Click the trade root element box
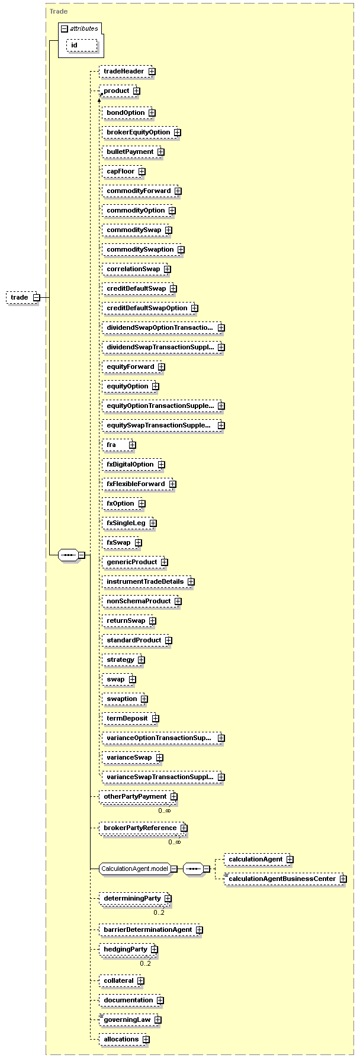click(23, 297)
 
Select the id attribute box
click(82, 45)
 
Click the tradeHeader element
click(127, 72)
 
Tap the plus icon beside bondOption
click(152, 112)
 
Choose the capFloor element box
click(124, 172)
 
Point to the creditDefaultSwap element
click(140, 289)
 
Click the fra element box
click(119, 445)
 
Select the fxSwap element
click(122, 543)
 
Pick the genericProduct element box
click(135, 562)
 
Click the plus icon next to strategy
click(142, 660)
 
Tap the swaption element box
click(125, 699)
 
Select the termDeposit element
click(130, 719)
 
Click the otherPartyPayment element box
click(138, 797)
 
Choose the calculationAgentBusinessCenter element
click(285, 879)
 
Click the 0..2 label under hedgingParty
click(145, 963)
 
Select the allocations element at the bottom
click(124, 1039)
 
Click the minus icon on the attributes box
click(65, 28)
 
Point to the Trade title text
click(59, 11)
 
